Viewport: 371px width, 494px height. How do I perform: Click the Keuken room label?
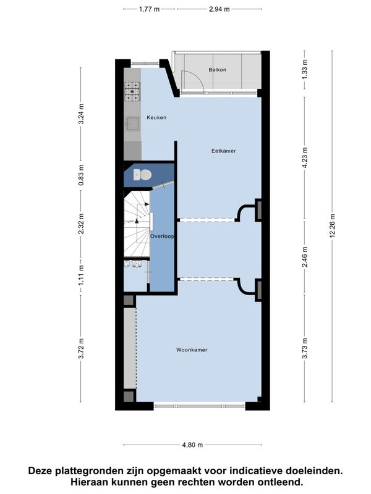[x=156, y=117]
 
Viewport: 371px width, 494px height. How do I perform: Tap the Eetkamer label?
[x=224, y=151]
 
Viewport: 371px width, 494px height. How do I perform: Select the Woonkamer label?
[x=192, y=350]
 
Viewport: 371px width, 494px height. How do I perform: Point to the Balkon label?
[x=218, y=70]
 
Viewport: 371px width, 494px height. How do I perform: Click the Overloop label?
[x=162, y=236]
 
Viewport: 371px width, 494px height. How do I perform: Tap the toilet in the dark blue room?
[x=143, y=175]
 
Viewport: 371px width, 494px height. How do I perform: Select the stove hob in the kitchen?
[x=132, y=91]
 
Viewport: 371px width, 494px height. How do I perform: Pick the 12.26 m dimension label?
[x=333, y=226]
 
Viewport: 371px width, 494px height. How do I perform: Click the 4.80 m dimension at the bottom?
[x=192, y=445]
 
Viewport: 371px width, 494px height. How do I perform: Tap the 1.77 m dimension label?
[x=149, y=9]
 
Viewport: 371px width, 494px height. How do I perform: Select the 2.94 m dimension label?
[x=220, y=9]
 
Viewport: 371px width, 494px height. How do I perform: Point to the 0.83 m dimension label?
[x=82, y=175]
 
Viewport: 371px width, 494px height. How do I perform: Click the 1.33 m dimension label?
[x=305, y=70]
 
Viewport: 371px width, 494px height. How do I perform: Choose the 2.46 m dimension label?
[x=305, y=257]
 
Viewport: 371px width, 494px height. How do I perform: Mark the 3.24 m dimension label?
[x=82, y=114]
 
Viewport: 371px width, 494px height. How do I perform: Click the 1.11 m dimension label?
[x=82, y=275]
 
